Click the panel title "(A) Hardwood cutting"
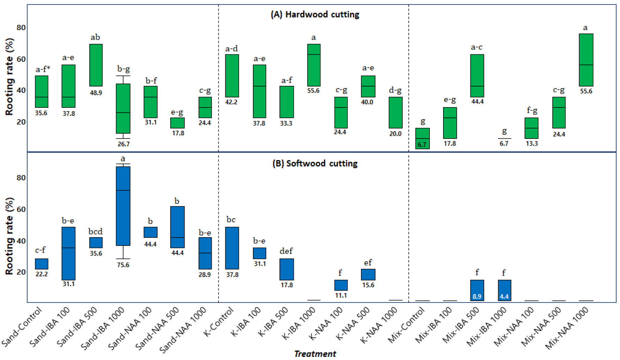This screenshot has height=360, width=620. pyautogui.click(x=315, y=14)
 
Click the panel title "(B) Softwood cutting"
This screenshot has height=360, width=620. pyautogui.click(x=315, y=163)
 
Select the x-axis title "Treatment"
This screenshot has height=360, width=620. pyautogui.click(x=315, y=354)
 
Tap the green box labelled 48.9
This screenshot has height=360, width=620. pyautogui.click(x=96, y=65)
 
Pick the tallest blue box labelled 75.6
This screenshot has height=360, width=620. pyautogui.click(x=123, y=206)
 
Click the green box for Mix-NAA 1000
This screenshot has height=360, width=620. pyautogui.click(x=586, y=60)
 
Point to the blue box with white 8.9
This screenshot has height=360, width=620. pyautogui.click(x=477, y=290)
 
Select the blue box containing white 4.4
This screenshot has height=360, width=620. pyautogui.click(x=504, y=290)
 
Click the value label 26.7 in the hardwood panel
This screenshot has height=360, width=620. pyautogui.click(x=124, y=144)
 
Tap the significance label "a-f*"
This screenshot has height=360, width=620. pyautogui.click(x=43, y=69)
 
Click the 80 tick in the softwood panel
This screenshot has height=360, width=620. pyautogui.click(x=21, y=178)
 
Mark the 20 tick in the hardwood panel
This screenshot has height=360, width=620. pyautogui.click(x=21, y=122)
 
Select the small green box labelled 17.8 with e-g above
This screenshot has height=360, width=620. pyautogui.click(x=178, y=123)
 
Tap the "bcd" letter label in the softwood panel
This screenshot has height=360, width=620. pyautogui.click(x=95, y=232)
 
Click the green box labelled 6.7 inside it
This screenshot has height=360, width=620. pyautogui.click(x=422, y=138)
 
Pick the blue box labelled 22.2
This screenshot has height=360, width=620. pyautogui.click(x=42, y=264)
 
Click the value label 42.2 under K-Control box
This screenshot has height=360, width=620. pyautogui.click(x=231, y=102)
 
